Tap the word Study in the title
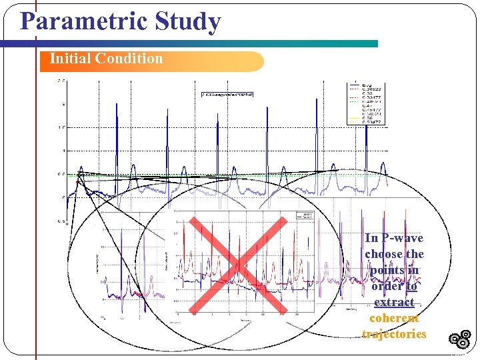(187, 22)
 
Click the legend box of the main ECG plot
(363, 104)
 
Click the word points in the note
(387, 271)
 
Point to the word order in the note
(388, 287)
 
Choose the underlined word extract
(394, 303)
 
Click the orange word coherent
(394, 319)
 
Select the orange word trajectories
(394, 335)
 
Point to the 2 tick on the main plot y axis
(62, 105)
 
